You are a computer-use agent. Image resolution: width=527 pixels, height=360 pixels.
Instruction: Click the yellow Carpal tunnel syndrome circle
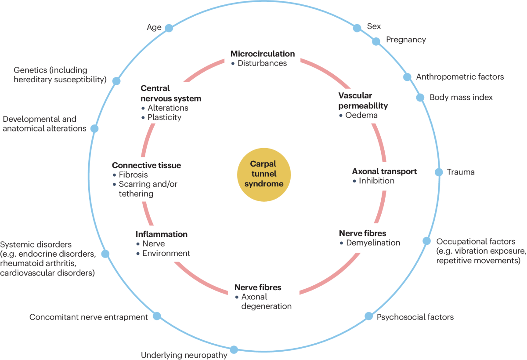click(264, 175)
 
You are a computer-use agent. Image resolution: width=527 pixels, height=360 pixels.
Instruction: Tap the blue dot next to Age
click(169, 28)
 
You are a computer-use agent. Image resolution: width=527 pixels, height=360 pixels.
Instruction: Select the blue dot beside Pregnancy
click(376, 41)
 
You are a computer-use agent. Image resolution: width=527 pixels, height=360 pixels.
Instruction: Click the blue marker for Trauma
click(439, 172)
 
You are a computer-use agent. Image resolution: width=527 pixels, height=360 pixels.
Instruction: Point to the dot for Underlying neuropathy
click(234, 349)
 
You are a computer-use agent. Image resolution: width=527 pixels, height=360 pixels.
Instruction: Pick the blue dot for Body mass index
click(420, 98)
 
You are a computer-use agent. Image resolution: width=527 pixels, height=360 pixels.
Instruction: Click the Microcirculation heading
click(263, 54)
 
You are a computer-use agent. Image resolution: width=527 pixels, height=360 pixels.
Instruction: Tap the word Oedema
click(361, 115)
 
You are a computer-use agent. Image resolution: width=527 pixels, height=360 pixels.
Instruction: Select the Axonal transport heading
click(384, 171)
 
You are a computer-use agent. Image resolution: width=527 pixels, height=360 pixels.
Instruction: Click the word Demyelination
click(373, 243)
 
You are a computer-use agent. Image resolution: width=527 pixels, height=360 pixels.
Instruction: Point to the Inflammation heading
click(162, 234)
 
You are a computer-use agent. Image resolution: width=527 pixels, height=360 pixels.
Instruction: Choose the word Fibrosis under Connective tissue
click(133, 175)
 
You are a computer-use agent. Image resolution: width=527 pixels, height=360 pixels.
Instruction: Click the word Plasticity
click(164, 117)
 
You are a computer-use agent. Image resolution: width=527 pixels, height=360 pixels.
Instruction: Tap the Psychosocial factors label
click(415, 317)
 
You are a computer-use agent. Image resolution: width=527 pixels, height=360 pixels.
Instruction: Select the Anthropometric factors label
click(460, 77)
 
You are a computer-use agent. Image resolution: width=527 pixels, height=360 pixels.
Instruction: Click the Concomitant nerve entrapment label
click(88, 317)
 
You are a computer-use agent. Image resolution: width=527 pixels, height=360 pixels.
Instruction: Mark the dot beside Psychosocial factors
click(368, 316)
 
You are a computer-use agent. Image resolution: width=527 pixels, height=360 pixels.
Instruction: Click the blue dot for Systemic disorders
click(105, 254)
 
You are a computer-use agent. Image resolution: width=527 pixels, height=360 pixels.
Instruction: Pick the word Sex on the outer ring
click(374, 26)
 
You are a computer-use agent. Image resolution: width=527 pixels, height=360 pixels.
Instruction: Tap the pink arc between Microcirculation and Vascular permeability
click(328, 71)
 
